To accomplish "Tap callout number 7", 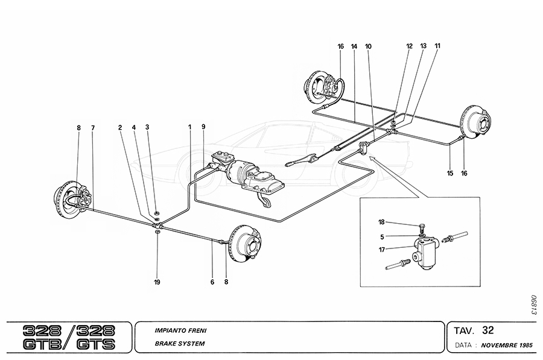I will [93, 127].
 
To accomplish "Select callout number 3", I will [147, 127].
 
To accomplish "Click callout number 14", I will [354, 46].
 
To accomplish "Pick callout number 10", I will [369, 46].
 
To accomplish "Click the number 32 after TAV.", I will [488, 330].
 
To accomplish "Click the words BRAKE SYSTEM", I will [180, 344].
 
